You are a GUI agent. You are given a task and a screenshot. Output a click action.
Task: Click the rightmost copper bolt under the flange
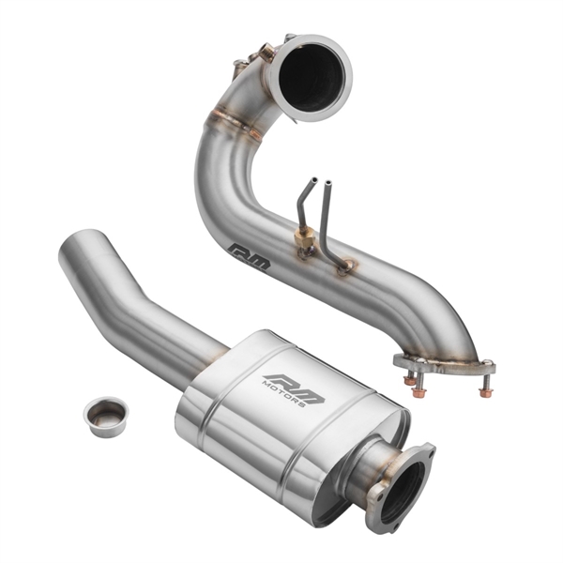485,389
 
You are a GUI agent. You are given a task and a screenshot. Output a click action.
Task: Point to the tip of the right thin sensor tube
328,182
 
